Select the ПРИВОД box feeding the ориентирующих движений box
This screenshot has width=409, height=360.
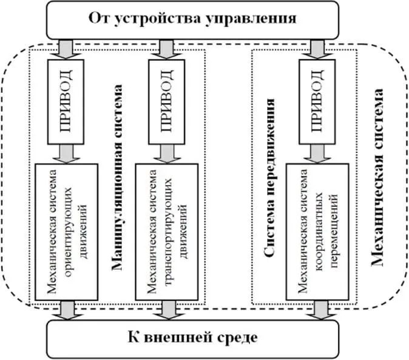click(x=67, y=101)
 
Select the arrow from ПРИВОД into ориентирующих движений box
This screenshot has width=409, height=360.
click(x=66, y=154)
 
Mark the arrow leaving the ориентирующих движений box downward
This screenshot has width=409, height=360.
click(x=66, y=309)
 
